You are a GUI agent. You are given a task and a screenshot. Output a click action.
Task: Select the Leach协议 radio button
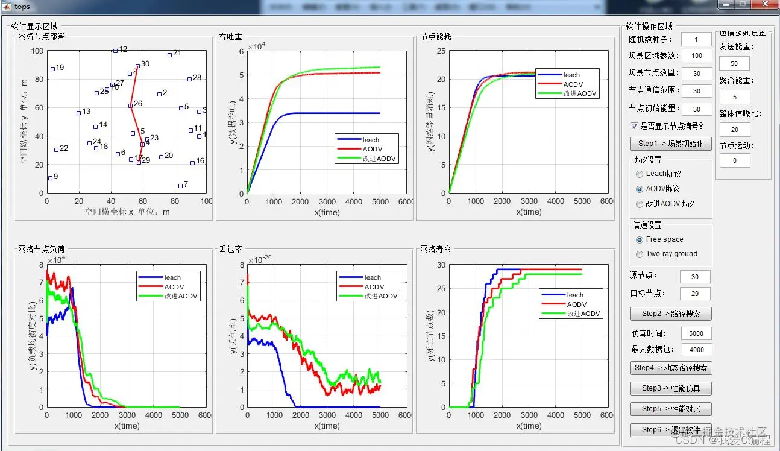click(640, 174)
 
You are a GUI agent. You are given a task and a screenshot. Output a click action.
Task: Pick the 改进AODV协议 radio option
click(640, 204)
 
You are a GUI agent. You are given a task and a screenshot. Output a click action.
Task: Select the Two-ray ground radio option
click(640, 254)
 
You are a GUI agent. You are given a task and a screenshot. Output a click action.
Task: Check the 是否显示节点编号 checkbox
click(634, 127)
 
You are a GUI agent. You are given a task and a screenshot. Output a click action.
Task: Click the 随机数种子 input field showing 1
click(696, 39)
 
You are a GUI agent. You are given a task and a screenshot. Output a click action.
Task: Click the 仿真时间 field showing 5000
click(696, 333)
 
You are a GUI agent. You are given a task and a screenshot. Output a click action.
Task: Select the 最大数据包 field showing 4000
click(696, 349)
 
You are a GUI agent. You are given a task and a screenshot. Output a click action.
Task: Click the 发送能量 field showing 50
click(734, 63)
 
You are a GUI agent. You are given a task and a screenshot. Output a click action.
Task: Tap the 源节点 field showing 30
click(695, 277)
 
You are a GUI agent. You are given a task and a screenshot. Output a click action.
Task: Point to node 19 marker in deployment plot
click(53, 69)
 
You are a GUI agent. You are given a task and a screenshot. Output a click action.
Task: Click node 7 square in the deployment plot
click(180, 186)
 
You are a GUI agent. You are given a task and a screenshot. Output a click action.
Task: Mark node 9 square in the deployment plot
click(50, 178)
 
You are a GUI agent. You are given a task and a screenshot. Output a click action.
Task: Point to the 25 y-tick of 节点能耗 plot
click(441, 51)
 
